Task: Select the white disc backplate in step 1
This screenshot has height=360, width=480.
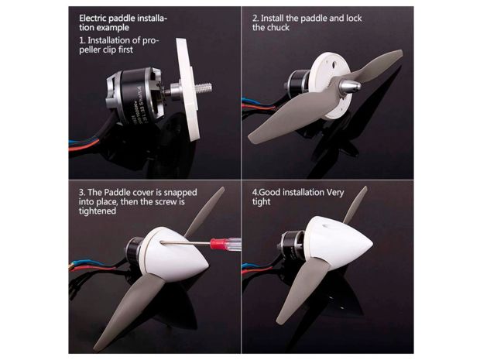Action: coord(188,89)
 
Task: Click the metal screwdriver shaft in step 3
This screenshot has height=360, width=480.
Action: coord(186,243)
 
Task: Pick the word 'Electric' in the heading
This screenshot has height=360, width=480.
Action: coord(93,18)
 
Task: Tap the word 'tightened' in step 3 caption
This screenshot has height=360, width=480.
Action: coord(98,211)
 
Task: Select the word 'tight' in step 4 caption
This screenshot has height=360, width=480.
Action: coord(262,202)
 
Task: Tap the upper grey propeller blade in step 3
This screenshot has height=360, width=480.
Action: coord(205,211)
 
